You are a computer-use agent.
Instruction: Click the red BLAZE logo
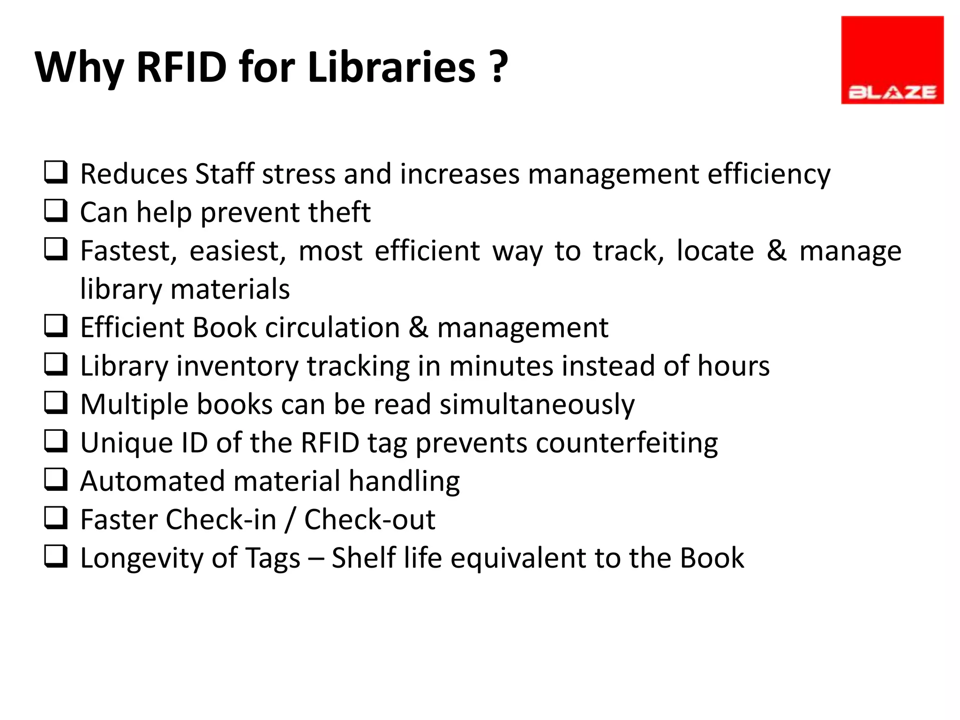click(892, 60)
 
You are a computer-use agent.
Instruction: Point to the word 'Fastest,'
click(128, 251)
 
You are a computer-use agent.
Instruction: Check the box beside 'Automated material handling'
click(56, 480)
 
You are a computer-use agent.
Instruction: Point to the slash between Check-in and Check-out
click(291, 520)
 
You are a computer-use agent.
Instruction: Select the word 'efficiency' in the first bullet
click(769, 174)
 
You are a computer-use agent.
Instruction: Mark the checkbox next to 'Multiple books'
click(56, 403)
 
